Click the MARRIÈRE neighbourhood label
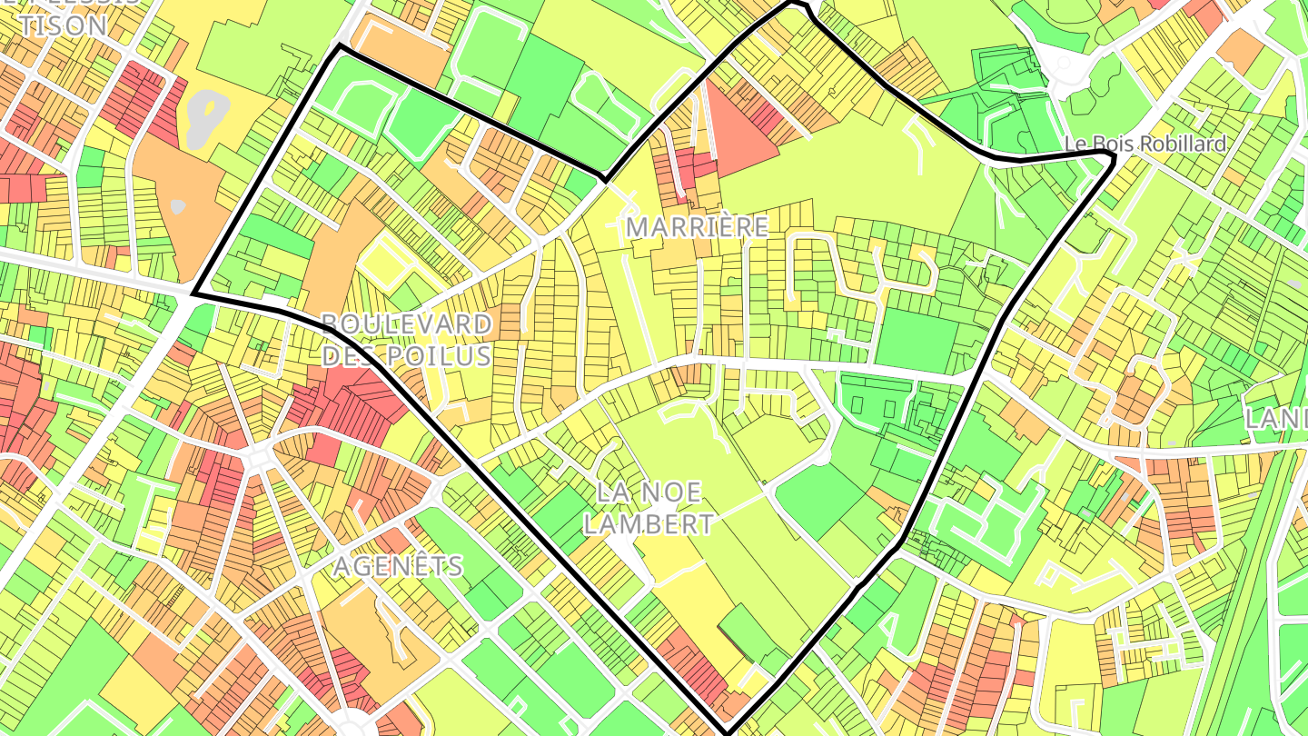pyautogui.click(x=698, y=227)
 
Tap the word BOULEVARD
pyautogui.click(x=407, y=324)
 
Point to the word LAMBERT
pyautogui.click(x=649, y=523)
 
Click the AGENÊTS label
pyautogui.click(x=398, y=566)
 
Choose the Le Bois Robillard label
pyautogui.click(x=1145, y=144)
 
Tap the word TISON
pyautogui.click(x=62, y=25)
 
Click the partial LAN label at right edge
pyautogui.click(x=1275, y=419)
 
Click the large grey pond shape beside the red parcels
pyautogui.click(x=206, y=118)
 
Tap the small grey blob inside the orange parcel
pyautogui.click(x=178, y=206)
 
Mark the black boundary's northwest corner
pyautogui.click(x=338, y=45)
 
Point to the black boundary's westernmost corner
pyautogui.click(x=193, y=293)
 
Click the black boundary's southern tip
pyautogui.click(x=728, y=732)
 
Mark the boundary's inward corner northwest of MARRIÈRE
pyautogui.click(x=604, y=176)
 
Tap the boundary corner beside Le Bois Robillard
pyautogui.click(x=1112, y=160)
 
